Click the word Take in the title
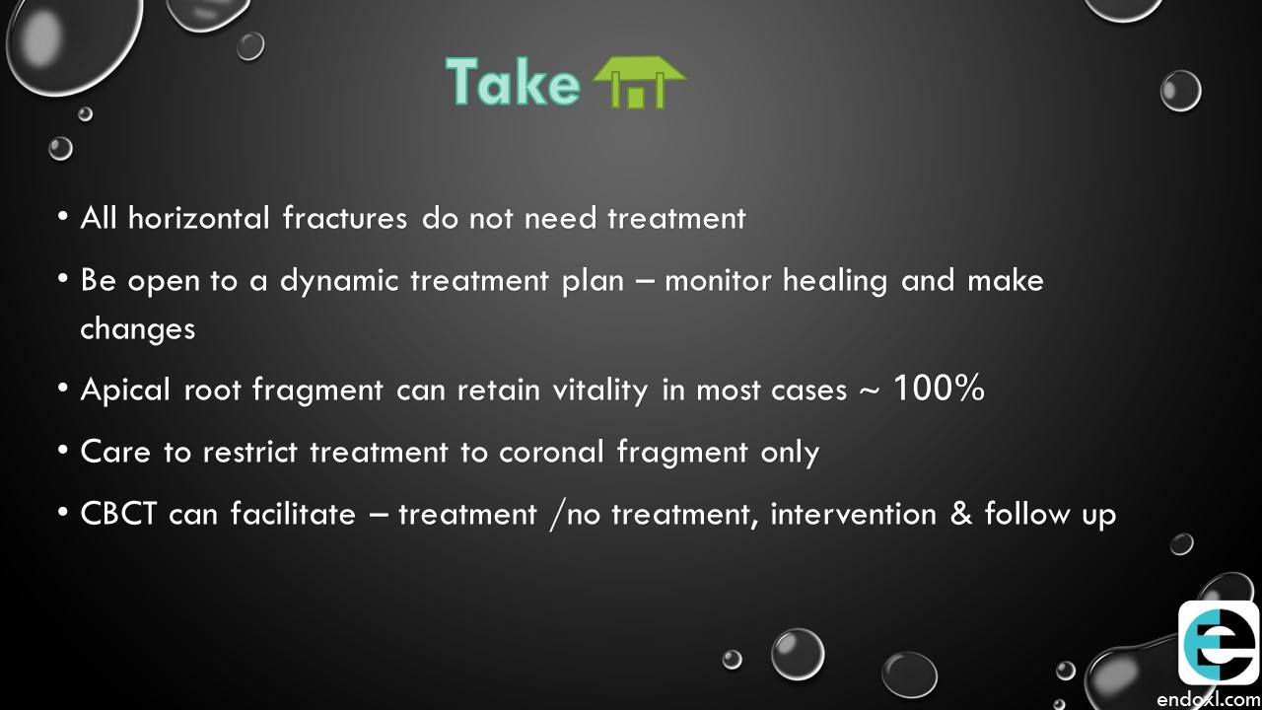(513, 82)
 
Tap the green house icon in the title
(640, 82)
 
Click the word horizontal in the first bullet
(199, 218)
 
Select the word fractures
(345, 218)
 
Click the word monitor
(718, 281)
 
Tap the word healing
(835, 282)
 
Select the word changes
(137, 329)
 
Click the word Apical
(125, 390)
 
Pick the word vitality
(600, 390)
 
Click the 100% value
(940, 388)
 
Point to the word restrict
(249, 452)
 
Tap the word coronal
(551, 452)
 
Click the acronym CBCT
(118, 514)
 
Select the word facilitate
(293, 514)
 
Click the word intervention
(853, 514)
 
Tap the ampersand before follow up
(961, 514)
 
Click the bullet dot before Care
(63, 451)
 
